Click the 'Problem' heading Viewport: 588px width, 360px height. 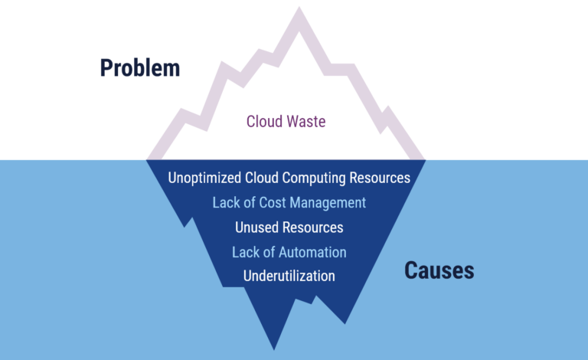point(140,68)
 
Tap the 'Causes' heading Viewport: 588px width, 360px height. point(439,270)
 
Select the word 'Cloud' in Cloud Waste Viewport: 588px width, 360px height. point(264,121)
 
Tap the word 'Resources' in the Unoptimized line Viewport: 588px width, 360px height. point(377,178)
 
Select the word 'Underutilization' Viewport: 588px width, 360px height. point(289,276)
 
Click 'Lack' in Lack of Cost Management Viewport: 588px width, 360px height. point(227,203)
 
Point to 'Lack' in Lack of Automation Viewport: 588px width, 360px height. point(247,252)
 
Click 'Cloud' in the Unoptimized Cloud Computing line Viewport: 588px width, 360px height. point(264,178)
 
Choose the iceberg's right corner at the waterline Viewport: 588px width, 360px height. point(425,160)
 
